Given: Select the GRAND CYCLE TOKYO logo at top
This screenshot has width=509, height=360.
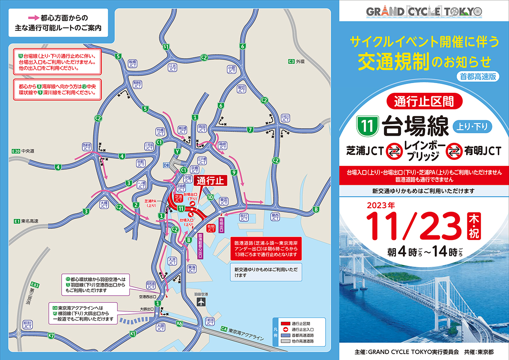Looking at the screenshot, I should (x=424, y=11).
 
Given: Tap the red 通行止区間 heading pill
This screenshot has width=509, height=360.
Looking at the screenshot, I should (x=423, y=101).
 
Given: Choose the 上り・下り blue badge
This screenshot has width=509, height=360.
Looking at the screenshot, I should (x=474, y=126).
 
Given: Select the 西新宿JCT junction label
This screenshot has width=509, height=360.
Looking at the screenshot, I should (x=87, y=147).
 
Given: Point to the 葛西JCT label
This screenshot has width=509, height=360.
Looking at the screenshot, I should (x=275, y=217).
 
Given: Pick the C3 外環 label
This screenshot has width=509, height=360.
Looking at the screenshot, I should (x=296, y=61).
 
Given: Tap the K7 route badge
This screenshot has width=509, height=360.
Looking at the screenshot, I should (x=51, y=336).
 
